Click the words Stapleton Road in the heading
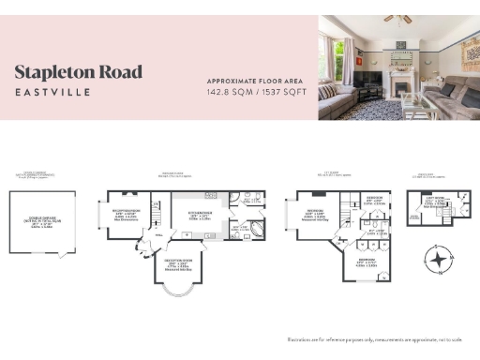pos(79,72)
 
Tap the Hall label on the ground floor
pos(159,236)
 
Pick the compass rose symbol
pos(436,259)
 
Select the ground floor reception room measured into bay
pos(182,263)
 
